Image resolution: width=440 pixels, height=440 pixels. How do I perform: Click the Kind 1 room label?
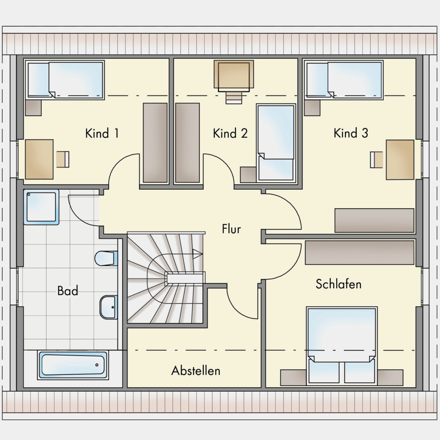102,133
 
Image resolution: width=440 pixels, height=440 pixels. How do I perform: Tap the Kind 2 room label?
231,133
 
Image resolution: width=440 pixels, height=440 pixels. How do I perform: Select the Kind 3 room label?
351,133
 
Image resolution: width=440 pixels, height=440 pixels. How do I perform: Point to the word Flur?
231,229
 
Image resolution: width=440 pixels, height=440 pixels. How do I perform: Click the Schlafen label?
338,284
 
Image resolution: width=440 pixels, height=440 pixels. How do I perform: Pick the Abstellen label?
196,370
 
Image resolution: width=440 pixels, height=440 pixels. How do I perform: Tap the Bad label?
68,291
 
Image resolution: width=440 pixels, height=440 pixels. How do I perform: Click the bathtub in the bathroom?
73,365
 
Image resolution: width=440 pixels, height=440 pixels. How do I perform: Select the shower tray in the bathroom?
41,207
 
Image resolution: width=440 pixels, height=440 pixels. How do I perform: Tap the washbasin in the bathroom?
109,307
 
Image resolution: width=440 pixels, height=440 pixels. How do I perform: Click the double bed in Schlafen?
342,345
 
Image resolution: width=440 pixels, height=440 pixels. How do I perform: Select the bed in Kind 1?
65,80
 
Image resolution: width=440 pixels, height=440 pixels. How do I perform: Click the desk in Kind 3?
400,160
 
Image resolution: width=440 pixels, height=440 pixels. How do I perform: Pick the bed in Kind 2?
276,143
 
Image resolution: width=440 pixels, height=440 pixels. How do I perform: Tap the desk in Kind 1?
39,159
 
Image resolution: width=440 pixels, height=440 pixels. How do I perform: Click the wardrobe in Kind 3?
374,220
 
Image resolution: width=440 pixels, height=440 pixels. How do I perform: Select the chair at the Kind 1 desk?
63,159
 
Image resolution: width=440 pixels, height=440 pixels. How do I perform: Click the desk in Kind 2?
234,76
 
